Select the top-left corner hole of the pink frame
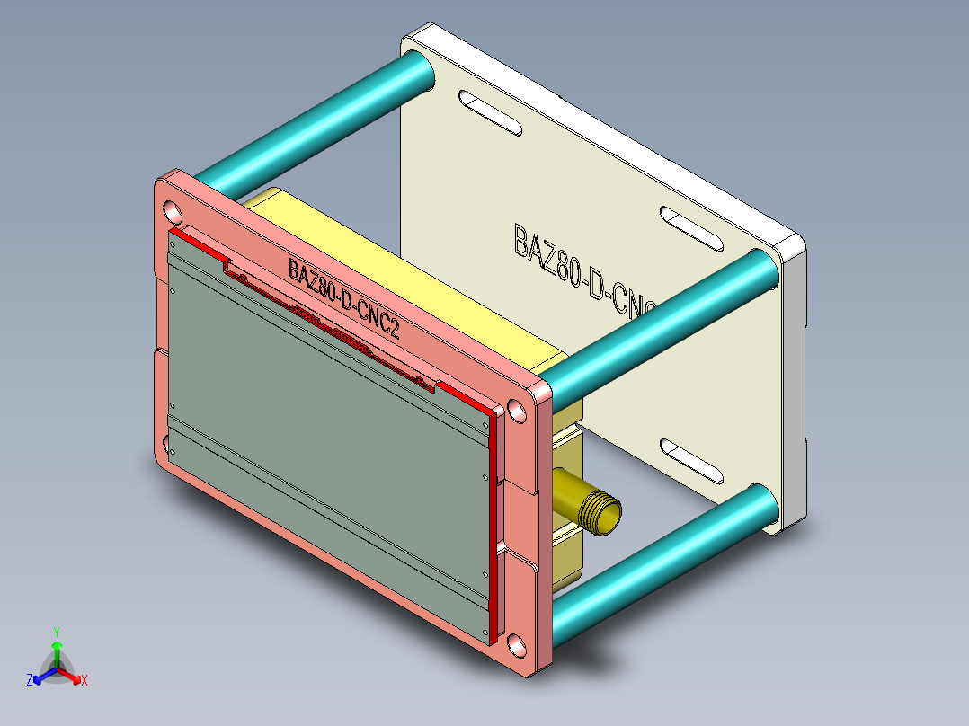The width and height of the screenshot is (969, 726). point(171,211)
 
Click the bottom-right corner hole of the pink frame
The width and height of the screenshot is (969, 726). point(516,643)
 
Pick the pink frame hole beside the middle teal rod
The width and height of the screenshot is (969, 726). point(517,411)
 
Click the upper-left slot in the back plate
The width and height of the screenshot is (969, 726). point(489,113)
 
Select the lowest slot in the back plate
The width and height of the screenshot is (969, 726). point(692,460)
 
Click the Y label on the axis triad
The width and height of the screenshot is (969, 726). point(56,631)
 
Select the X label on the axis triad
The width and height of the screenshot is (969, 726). point(84,680)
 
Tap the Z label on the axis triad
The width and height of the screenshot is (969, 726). point(30,680)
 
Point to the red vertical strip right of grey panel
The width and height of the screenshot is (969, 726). point(493,521)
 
